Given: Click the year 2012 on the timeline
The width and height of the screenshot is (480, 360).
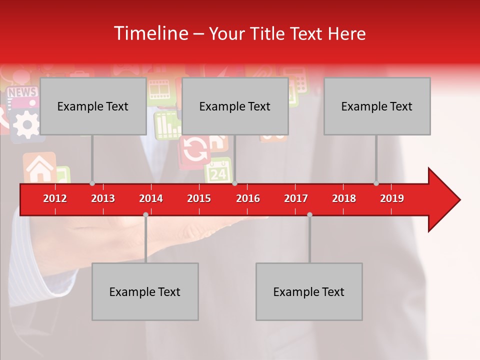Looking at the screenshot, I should point(55,198).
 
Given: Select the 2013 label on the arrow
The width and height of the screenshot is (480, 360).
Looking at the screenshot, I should point(103,198).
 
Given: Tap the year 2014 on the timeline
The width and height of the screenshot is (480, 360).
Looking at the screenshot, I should point(151,198).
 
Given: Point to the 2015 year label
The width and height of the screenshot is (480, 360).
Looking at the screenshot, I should point(199,198).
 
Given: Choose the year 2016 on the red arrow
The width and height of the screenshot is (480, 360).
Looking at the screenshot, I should point(248,198).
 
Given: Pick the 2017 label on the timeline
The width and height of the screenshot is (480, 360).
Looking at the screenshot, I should point(296,198).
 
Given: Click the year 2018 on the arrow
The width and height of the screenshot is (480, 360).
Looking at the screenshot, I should point(344,198).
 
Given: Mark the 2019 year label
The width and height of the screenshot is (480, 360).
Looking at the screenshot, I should point(392,198).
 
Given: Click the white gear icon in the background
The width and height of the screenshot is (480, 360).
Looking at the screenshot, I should point(25,123).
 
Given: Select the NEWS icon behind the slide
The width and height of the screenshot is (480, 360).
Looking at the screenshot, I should point(22,93).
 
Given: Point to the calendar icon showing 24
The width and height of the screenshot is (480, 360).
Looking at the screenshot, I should point(218,171).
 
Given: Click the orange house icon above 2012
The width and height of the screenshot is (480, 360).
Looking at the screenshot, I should point(39,168).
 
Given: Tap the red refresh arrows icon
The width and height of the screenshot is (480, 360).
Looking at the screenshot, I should point(195,150).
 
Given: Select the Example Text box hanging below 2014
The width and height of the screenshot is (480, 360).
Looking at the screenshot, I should point(145,291).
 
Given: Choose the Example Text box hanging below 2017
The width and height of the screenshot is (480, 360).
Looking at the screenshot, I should point(309,291).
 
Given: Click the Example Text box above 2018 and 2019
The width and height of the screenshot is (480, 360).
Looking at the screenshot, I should point(377,106).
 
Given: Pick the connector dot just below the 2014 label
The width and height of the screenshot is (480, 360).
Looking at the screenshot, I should point(145,214).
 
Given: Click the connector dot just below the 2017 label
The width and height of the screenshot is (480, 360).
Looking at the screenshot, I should point(309,214).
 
